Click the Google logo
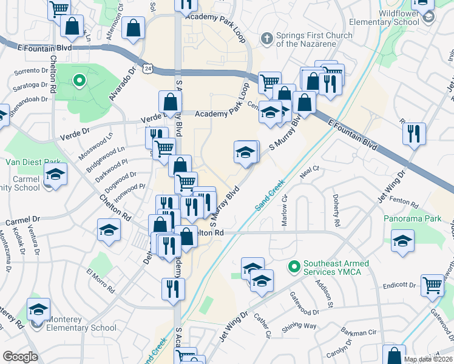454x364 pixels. (20, 357)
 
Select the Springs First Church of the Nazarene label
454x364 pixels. (314, 39)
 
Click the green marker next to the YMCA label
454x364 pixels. (294, 266)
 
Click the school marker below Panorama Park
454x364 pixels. (402, 240)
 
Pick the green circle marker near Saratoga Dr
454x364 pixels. (78, 80)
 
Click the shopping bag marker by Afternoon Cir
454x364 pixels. (132, 27)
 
